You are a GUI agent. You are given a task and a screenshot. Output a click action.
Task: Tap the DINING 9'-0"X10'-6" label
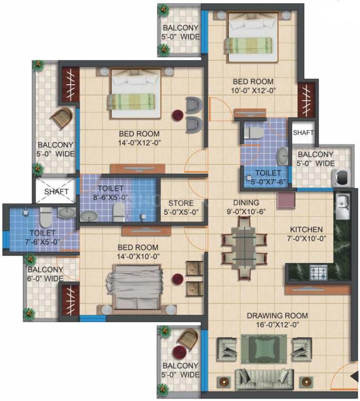pos(246,206)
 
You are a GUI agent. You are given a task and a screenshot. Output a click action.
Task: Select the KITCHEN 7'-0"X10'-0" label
pos(305,233)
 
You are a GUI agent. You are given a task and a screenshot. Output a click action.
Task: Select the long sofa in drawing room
pos(260,379)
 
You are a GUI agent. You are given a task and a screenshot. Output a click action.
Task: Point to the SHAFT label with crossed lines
pos(57,191)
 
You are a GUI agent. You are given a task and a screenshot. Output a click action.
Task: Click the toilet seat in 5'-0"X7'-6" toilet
pos(250,132)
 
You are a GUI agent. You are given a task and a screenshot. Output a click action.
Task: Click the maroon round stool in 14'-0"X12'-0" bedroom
pos(178,115)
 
